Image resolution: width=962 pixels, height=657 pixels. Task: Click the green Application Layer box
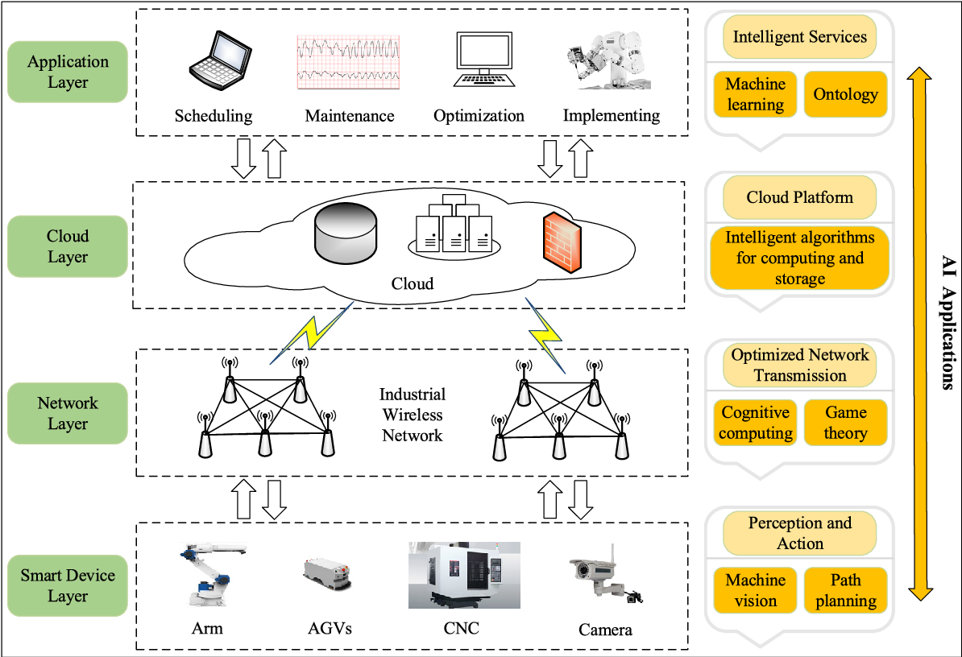(x=68, y=72)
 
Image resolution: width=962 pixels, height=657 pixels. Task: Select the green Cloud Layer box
(x=68, y=246)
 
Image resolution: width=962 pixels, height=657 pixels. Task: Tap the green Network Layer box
(x=68, y=413)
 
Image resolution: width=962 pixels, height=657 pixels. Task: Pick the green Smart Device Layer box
(x=68, y=585)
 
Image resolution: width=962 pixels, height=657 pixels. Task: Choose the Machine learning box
(x=755, y=94)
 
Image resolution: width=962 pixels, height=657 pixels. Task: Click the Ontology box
(x=845, y=94)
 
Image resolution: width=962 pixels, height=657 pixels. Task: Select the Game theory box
(x=845, y=423)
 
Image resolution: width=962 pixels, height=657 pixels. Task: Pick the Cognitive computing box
(x=755, y=423)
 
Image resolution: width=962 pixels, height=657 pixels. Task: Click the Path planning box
(x=845, y=590)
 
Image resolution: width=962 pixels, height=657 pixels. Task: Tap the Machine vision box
(x=755, y=590)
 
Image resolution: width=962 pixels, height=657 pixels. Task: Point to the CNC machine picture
(x=463, y=575)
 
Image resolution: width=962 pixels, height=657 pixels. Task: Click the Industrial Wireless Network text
(x=413, y=415)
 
